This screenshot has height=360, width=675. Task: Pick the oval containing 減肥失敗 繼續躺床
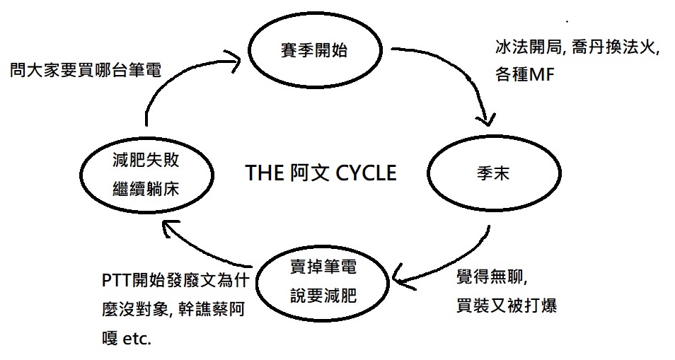(x=146, y=172)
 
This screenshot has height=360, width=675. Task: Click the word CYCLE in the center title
(x=362, y=173)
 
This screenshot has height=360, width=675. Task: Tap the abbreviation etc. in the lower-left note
(x=137, y=338)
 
